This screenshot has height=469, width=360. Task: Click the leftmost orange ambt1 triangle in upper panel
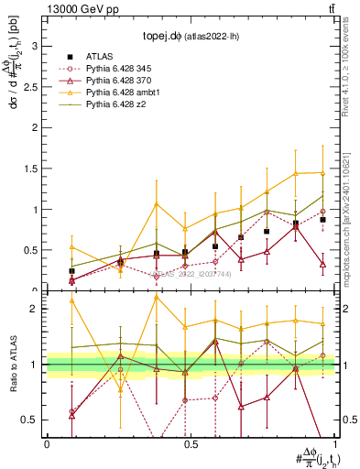click(x=71, y=247)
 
